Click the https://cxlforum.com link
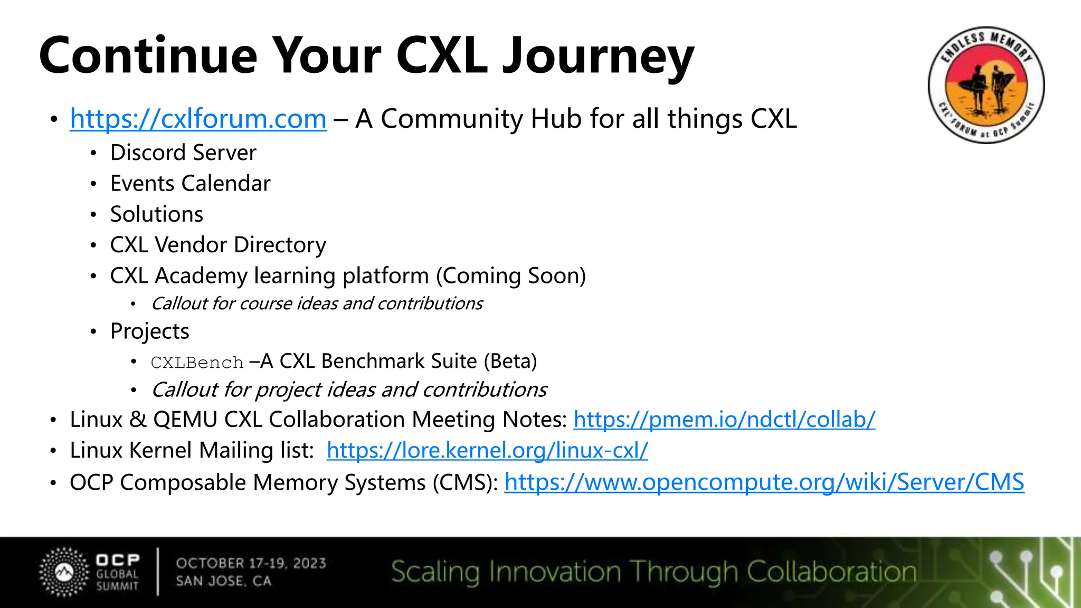click(198, 119)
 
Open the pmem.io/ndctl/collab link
click(724, 420)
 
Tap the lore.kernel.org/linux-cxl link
click(487, 451)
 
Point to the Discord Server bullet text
click(183, 153)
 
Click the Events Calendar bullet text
click(190, 184)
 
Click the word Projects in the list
click(149, 331)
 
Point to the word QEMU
click(185, 420)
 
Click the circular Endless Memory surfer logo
click(985, 85)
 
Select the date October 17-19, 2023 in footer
click(251, 563)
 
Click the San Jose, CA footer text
click(223, 581)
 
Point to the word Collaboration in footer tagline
click(831, 572)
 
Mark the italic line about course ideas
click(317, 304)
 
